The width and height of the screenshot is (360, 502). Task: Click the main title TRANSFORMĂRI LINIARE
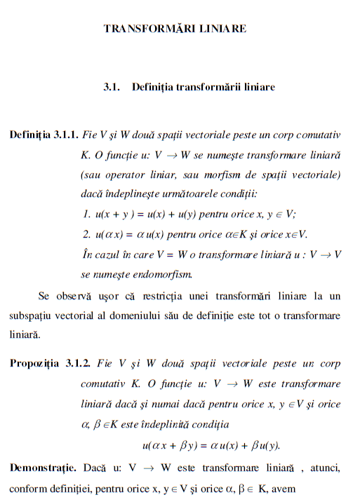coord(175,29)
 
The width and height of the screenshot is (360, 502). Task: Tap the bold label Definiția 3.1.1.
coord(39,133)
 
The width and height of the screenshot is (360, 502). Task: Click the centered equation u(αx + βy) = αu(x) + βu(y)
coord(211,445)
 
